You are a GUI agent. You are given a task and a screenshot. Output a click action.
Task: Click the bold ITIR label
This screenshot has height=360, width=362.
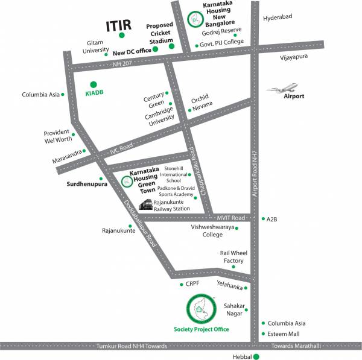point(119,26)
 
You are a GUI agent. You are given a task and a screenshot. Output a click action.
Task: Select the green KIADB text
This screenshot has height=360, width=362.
point(93,95)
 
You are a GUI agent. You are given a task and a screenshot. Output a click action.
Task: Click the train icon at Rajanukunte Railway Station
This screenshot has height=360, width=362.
point(145,206)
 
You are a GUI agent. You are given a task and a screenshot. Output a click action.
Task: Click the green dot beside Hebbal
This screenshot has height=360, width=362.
point(256,356)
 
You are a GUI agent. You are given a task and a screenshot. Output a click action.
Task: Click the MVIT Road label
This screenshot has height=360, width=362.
point(230,218)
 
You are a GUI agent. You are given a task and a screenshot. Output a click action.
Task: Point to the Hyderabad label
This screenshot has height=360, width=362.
point(278,17)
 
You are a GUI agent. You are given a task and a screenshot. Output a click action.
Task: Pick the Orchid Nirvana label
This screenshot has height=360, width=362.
point(203,104)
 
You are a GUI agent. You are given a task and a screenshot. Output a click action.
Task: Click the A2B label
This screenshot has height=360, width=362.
point(272,219)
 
